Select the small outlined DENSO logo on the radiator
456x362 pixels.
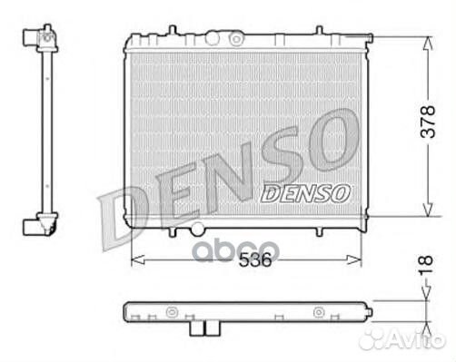point(305,191)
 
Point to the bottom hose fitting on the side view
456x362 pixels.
point(40,224)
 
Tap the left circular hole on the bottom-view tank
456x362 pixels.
point(171,312)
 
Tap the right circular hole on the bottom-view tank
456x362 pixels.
point(319,312)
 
